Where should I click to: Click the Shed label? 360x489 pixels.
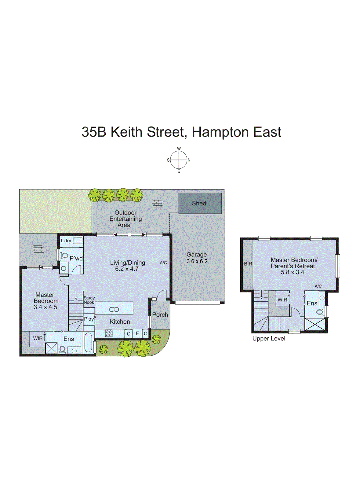(x=199, y=203)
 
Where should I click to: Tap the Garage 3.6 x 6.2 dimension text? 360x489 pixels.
(x=197, y=261)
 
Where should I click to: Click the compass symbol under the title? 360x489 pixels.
(x=179, y=160)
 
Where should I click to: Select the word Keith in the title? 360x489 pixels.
(x=126, y=132)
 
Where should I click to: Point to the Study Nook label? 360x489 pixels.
(x=89, y=300)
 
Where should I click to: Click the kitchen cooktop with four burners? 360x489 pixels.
(x=109, y=333)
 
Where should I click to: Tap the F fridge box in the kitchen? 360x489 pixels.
(x=137, y=333)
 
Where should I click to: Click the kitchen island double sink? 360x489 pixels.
(x=114, y=309)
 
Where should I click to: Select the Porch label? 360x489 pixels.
(x=160, y=314)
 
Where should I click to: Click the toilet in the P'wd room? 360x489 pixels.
(x=64, y=256)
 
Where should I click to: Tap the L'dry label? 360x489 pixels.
(x=66, y=241)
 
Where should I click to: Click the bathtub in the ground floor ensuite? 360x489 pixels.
(x=88, y=342)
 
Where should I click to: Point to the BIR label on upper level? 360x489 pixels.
(x=248, y=263)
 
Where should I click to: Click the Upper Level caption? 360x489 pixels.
(x=269, y=339)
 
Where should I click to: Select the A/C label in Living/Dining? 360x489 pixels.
(x=163, y=263)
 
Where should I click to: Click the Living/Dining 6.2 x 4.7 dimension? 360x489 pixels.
(x=127, y=269)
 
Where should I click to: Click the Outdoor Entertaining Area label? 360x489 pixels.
(x=125, y=219)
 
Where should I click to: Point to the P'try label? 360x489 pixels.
(x=89, y=319)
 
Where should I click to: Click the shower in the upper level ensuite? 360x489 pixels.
(x=315, y=324)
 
